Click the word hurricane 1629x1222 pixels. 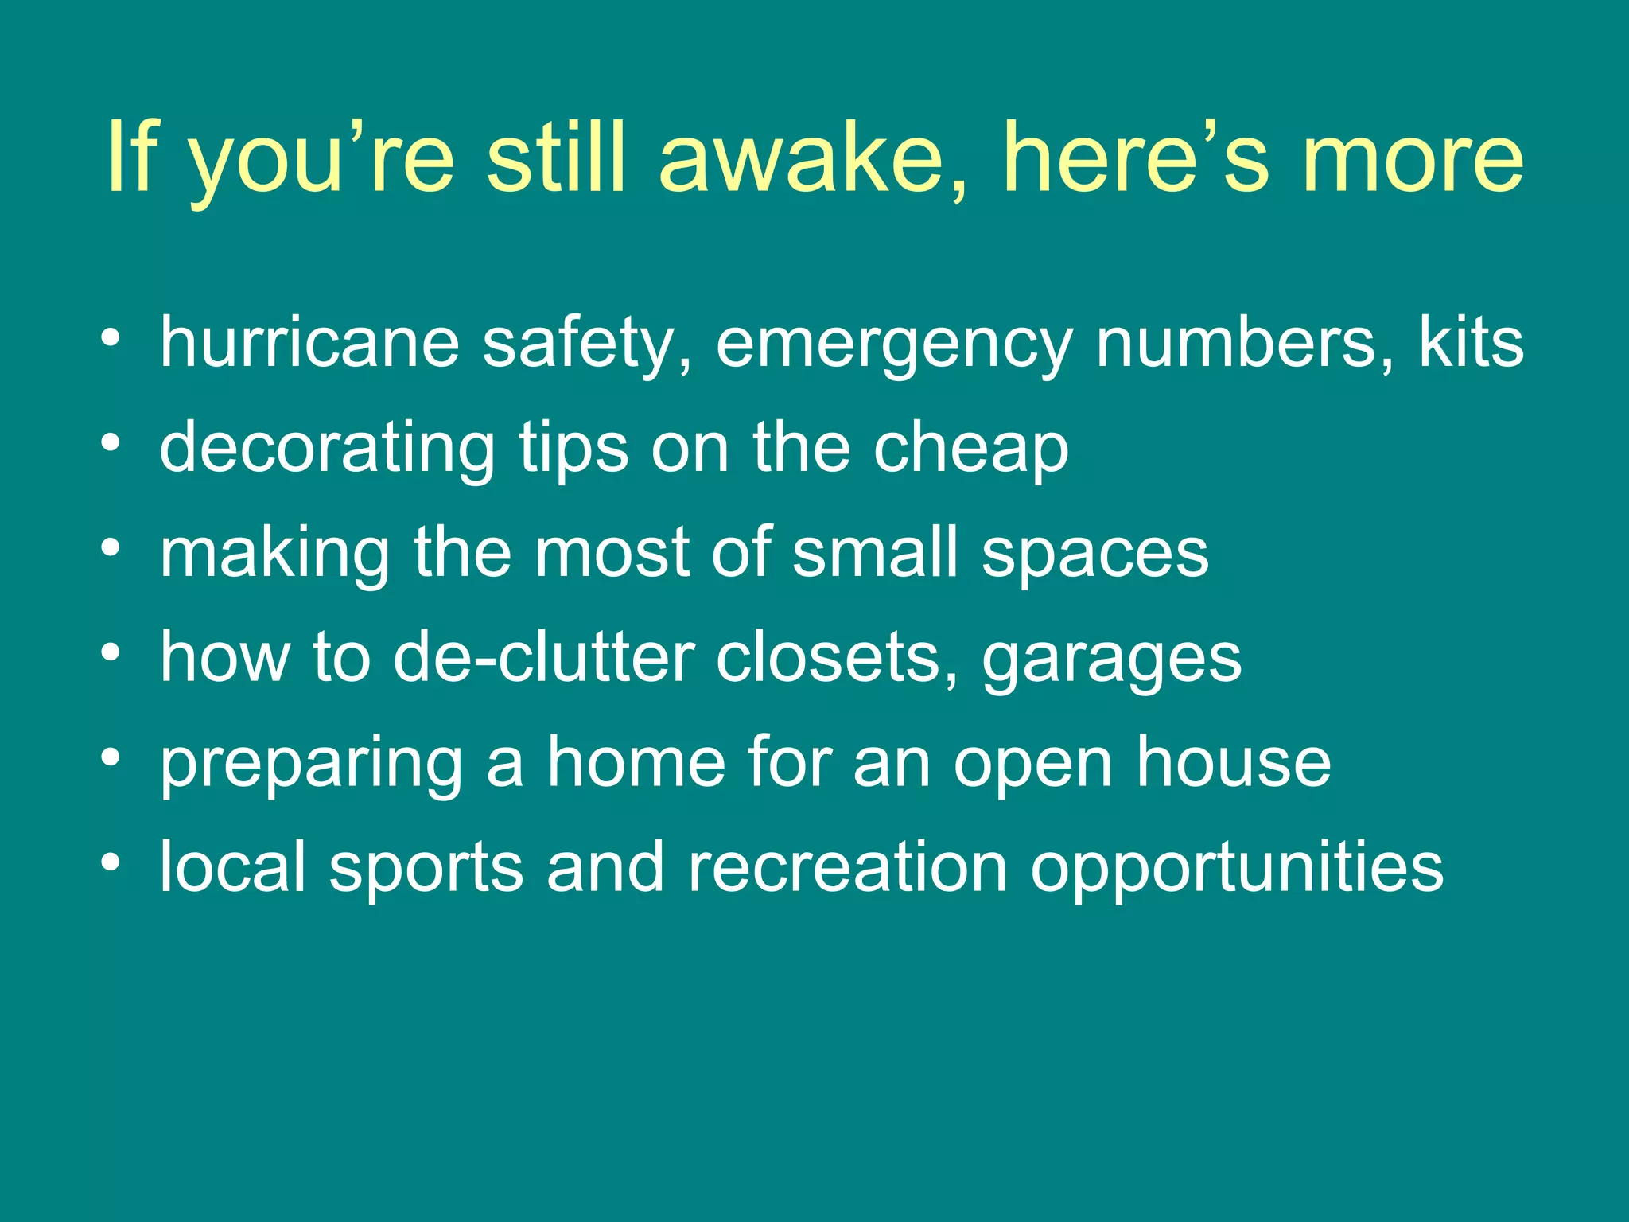309,344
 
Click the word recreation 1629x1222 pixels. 848,867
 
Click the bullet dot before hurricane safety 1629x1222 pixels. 111,338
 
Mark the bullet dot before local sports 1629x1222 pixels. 111,862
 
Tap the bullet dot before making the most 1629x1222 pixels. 111,547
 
